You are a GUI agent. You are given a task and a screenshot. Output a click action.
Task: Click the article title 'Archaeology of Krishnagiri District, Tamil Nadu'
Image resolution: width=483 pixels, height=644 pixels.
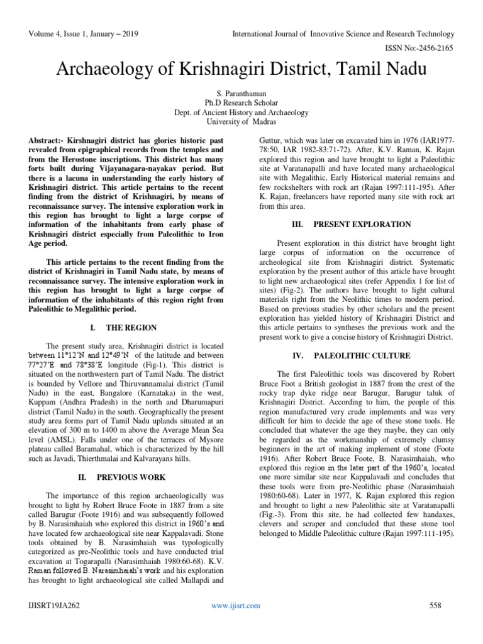[241, 69]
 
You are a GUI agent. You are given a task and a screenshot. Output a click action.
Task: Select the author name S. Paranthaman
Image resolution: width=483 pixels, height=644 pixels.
[241, 92]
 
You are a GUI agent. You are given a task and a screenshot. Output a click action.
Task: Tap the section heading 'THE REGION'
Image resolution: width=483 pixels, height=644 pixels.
[133, 328]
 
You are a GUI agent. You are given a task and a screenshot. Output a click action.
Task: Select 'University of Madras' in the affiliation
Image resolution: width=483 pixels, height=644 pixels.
[241, 123]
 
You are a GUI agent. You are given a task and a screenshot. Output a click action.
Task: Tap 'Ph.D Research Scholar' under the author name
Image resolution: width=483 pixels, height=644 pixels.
[241, 103]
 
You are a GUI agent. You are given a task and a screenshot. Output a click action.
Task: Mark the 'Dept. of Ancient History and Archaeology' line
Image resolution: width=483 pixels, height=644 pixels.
[241, 113]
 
